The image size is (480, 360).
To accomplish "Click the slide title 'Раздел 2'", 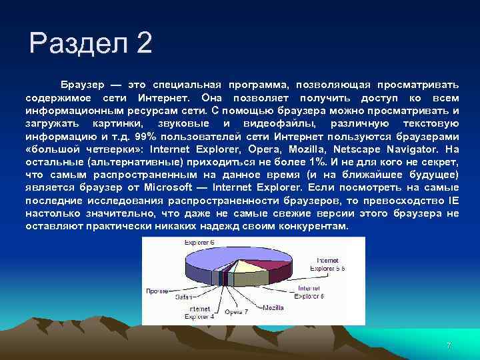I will click(91, 45).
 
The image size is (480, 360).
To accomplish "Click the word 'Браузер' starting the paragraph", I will click(83, 87).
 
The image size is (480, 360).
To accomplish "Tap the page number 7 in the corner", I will click(449, 345).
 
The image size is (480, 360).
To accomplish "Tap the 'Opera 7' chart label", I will click(236, 311).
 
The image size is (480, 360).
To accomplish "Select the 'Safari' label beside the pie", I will click(184, 297).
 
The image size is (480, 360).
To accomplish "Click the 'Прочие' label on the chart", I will click(157, 291).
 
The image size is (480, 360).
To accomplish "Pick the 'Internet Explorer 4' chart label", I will click(200, 313).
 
